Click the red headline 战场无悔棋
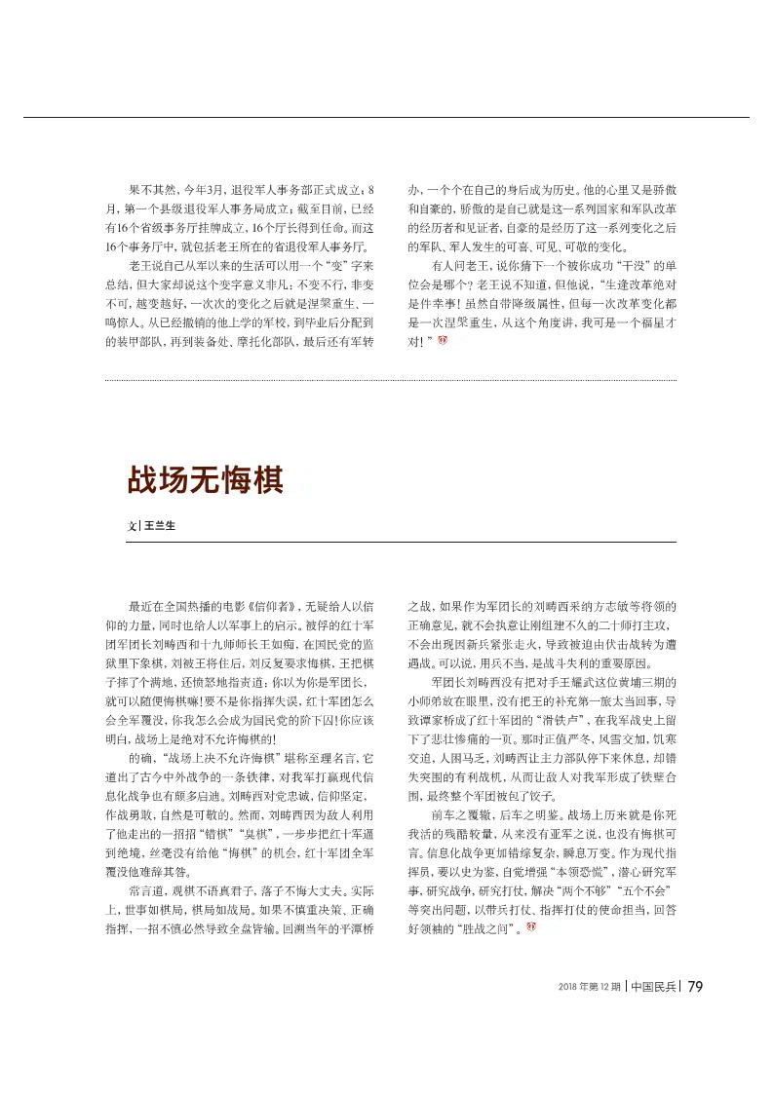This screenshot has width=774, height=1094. click(205, 481)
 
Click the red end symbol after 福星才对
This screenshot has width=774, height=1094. click(444, 341)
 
